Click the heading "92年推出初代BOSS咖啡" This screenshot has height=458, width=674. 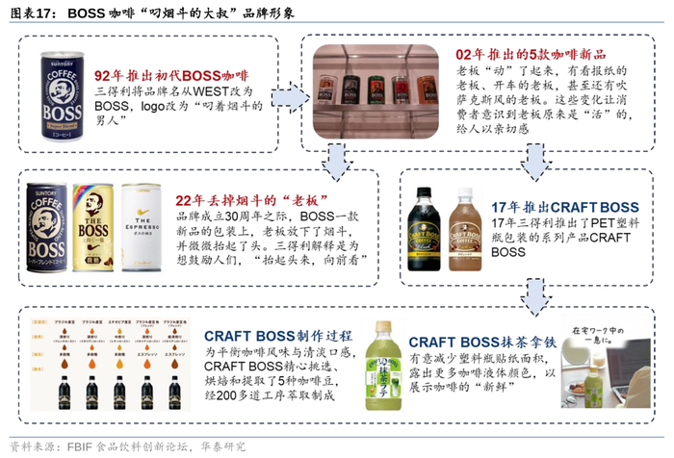[171, 75]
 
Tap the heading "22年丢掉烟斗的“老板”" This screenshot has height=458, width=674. [259, 200]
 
